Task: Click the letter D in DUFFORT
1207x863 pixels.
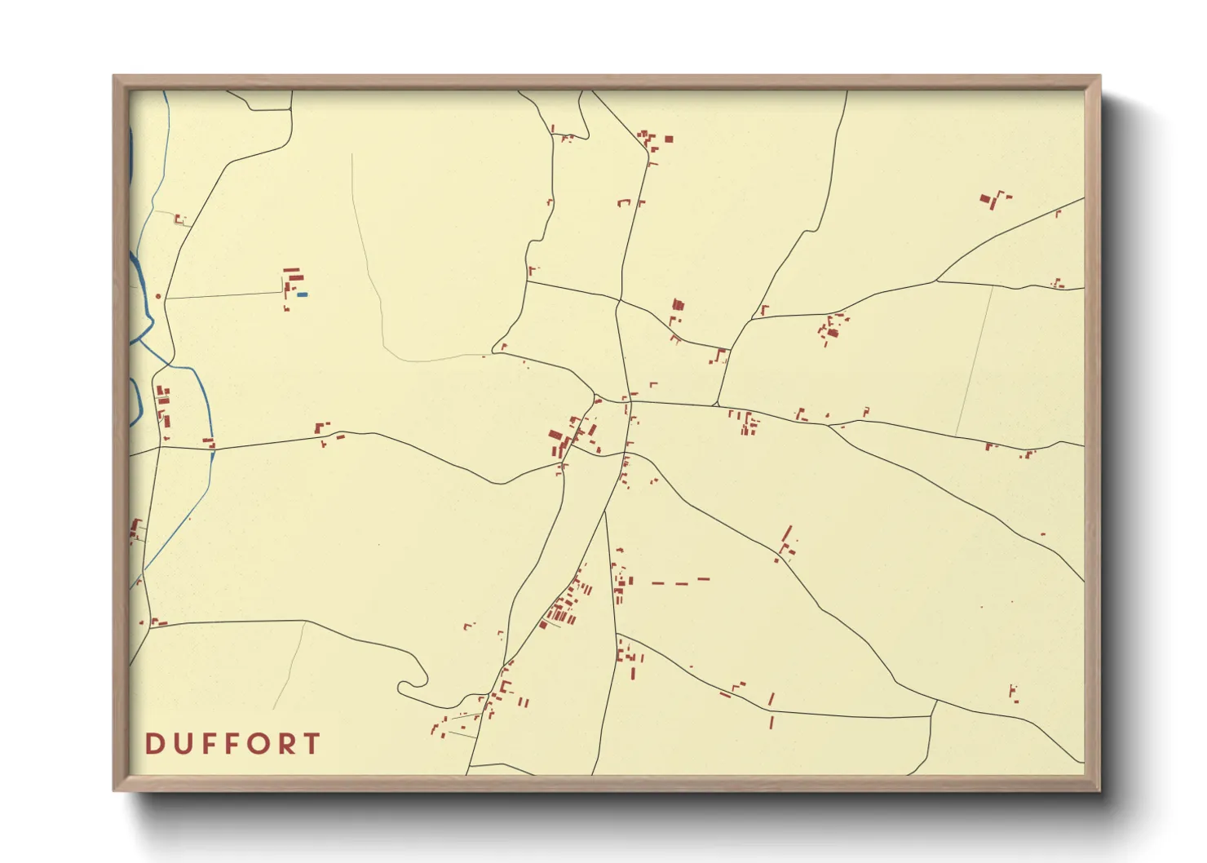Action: pyautogui.click(x=153, y=744)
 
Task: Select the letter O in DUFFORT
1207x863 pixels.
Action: pyautogui.click(x=256, y=744)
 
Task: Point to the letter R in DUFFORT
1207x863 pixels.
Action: pyautogui.click(x=284, y=744)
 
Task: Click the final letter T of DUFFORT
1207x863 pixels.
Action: pyautogui.click(x=311, y=744)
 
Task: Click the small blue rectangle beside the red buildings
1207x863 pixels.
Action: pyautogui.click(x=303, y=294)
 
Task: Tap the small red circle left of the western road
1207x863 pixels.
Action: pyautogui.click(x=158, y=296)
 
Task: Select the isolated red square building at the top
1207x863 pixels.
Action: pyautogui.click(x=669, y=139)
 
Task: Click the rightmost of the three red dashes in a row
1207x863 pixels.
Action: pyautogui.click(x=704, y=580)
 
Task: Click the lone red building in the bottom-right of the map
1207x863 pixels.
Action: pyautogui.click(x=1014, y=693)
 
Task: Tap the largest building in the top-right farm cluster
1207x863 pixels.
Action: pyautogui.click(x=986, y=198)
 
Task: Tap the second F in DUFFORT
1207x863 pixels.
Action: pyautogui.click(x=229, y=744)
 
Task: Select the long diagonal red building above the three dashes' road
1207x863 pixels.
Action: pyautogui.click(x=787, y=535)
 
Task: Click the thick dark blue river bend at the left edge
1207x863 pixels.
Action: pyautogui.click(x=131, y=155)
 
